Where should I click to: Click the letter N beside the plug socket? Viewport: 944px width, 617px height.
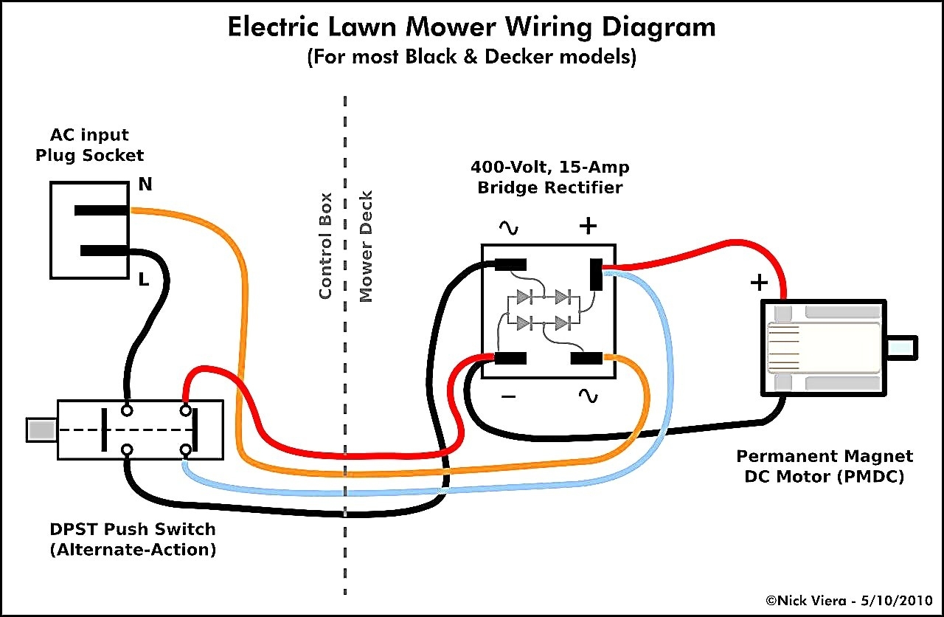click(145, 185)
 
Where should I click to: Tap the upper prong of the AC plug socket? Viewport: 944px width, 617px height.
click(102, 210)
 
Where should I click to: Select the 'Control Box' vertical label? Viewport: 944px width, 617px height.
click(325, 246)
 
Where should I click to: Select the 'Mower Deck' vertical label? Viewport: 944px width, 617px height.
click(366, 246)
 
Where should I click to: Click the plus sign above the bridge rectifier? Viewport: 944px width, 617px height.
click(588, 226)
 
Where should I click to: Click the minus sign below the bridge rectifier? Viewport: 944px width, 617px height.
click(509, 396)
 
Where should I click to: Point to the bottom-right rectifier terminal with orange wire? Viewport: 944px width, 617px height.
click(587, 359)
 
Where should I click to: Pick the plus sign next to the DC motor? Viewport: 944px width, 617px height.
click(759, 282)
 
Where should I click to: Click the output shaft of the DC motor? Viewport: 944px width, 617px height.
click(901, 348)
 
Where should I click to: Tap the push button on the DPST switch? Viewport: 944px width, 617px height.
click(41, 430)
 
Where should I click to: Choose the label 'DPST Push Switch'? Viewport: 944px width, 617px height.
click(133, 529)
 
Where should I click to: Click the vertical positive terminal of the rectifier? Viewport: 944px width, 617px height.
click(596, 275)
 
